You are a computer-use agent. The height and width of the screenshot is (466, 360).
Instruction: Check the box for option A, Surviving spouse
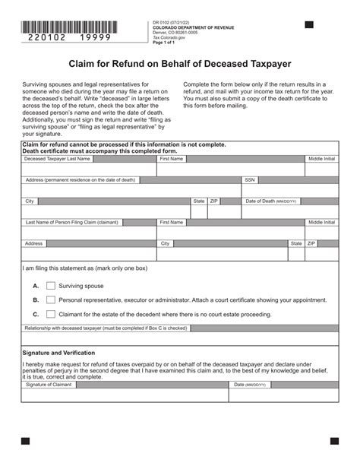51,286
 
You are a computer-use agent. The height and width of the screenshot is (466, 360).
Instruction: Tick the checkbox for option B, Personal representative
51,300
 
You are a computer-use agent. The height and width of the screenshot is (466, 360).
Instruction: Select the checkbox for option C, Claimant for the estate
51,313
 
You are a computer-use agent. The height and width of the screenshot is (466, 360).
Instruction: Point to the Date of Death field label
271,201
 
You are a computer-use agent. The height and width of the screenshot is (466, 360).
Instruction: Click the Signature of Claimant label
49,385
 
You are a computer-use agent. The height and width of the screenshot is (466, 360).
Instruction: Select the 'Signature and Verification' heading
58,353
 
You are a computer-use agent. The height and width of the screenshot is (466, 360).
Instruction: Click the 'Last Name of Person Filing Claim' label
72,223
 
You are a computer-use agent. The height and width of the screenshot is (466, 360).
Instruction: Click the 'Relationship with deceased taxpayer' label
106,328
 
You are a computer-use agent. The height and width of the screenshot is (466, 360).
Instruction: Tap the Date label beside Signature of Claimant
250,385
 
